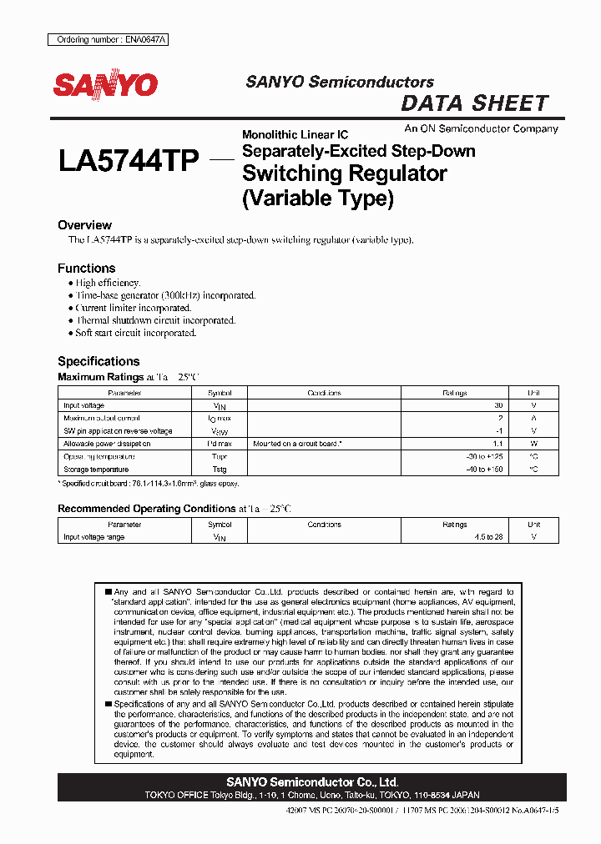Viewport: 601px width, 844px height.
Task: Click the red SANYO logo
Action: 105,85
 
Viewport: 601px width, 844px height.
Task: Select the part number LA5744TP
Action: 129,160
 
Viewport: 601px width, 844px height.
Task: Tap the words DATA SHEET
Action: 475,103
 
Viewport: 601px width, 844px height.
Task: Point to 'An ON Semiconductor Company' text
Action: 481,128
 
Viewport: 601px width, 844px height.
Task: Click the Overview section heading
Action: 84,225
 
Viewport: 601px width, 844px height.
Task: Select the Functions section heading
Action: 86,269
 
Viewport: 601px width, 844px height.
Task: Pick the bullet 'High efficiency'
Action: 108,284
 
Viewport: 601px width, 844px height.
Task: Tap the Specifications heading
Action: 98,361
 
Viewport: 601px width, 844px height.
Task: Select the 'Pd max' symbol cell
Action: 220,445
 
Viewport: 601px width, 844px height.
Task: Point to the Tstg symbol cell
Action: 220,470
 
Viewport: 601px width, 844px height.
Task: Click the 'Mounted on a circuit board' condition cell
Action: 297,445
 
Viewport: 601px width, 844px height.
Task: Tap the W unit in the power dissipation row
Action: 533,445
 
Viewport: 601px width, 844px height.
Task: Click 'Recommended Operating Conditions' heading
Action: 146,509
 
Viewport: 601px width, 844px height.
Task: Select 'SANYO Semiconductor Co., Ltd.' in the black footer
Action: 312,782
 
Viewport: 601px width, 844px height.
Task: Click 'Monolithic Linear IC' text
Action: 295,134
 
